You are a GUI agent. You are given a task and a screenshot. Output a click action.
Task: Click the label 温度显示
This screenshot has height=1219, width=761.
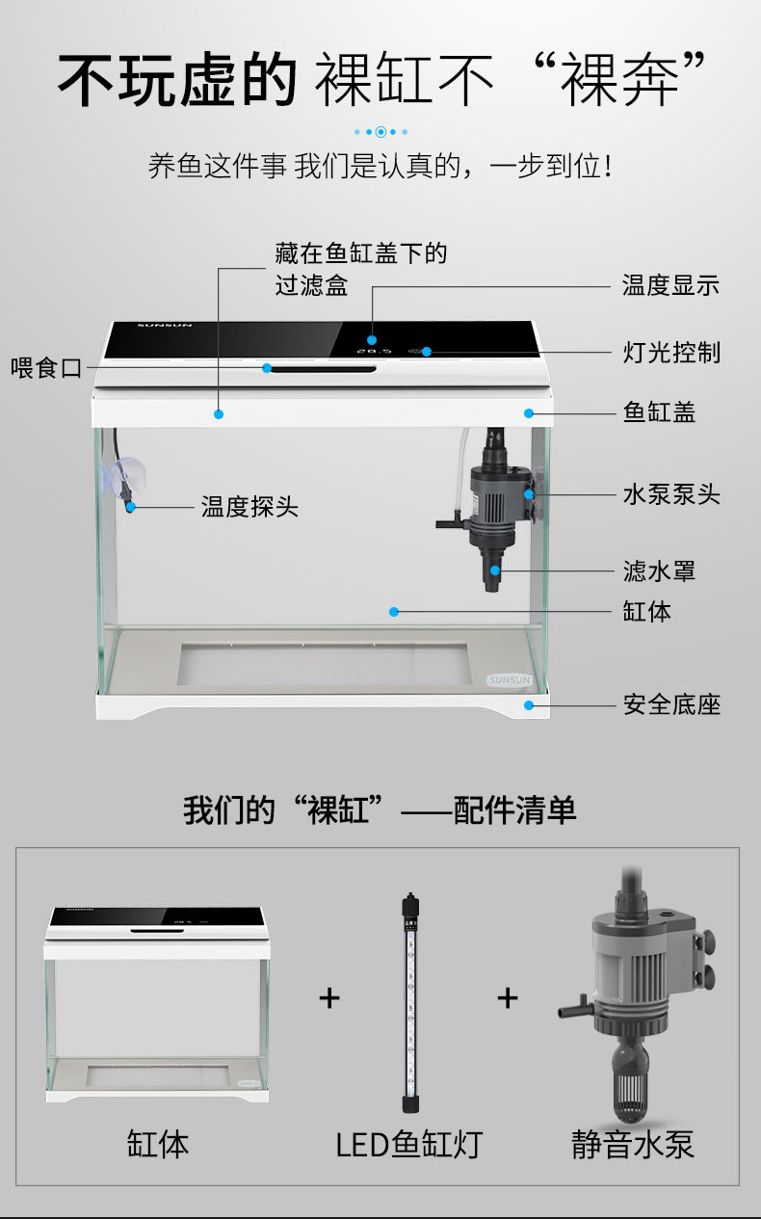(x=670, y=285)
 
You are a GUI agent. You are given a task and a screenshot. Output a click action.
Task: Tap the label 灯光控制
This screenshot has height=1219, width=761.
(x=671, y=353)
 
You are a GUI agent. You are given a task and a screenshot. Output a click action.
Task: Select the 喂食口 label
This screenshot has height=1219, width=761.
(x=46, y=368)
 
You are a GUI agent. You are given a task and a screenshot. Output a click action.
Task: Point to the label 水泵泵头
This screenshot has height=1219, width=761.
(x=671, y=494)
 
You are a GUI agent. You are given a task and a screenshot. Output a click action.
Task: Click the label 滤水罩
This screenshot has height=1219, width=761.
(x=659, y=571)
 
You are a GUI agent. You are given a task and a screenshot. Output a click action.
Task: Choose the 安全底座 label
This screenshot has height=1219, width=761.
(x=671, y=704)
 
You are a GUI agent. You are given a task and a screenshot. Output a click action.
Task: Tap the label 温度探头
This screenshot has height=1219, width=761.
(x=249, y=507)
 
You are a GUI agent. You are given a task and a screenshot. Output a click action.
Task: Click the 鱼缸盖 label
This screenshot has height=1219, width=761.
(x=659, y=412)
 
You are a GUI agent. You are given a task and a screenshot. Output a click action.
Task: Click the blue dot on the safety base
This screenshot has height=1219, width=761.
(x=528, y=705)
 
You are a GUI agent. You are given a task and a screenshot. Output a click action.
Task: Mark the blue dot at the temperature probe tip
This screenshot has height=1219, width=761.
(x=131, y=507)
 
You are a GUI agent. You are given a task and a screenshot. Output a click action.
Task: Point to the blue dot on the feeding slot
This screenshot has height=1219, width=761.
(x=267, y=368)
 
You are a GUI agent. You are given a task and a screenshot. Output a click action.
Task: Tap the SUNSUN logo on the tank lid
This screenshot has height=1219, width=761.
(x=165, y=326)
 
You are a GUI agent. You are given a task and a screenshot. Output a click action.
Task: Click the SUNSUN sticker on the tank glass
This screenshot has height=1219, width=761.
(x=510, y=680)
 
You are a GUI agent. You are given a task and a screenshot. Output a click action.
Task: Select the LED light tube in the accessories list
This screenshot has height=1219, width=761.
(x=410, y=1002)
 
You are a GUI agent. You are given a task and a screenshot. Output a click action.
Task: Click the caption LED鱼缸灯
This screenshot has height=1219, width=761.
(x=408, y=1145)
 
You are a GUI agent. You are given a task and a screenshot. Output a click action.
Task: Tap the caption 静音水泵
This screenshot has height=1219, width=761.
(x=632, y=1145)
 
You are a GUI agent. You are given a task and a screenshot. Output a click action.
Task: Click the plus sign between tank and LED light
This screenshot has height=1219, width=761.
(x=329, y=998)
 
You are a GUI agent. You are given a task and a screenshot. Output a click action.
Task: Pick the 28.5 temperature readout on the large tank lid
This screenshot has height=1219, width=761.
(x=375, y=352)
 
